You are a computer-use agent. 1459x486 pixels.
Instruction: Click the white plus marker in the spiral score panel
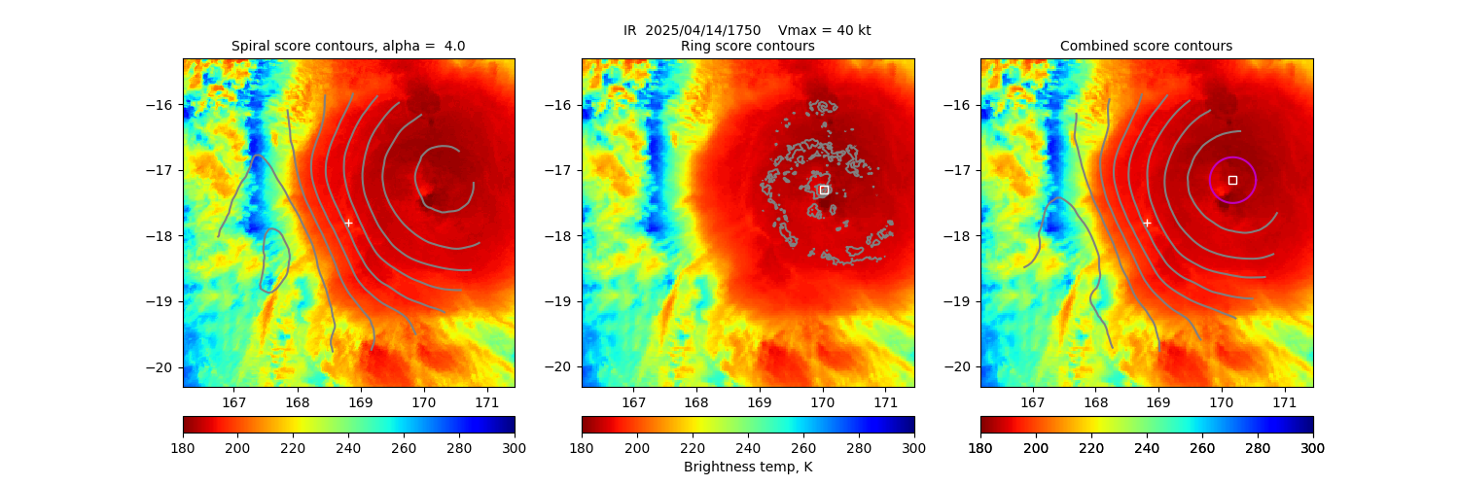tap(348, 223)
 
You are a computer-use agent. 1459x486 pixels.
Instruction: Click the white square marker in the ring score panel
tap(824, 190)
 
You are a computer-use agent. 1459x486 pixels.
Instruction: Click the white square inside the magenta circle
tap(1232, 180)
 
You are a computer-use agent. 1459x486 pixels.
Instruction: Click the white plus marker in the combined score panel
tap(1147, 223)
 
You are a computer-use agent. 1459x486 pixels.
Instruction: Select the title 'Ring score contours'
tap(747, 46)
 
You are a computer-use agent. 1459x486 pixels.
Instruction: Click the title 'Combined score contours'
tap(1146, 46)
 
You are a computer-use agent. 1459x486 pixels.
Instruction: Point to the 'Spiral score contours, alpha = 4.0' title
tap(348, 46)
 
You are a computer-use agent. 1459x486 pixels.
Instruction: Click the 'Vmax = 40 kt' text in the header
tap(825, 30)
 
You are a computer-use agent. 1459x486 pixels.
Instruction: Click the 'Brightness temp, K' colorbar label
tap(747, 468)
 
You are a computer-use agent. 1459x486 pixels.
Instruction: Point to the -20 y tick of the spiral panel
tap(163, 367)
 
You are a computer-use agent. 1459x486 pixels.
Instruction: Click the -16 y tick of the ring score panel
tap(562, 105)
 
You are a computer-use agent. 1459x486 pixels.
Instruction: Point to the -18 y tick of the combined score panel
tap(961, 236)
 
